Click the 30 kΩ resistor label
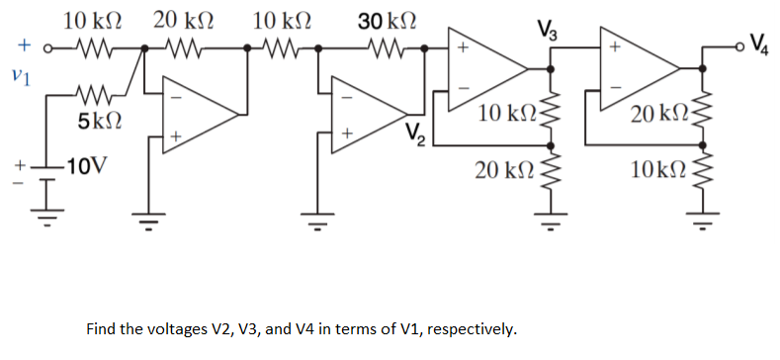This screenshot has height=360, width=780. click(x=387, y=19)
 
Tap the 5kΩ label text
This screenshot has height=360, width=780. click(x=101, y=124)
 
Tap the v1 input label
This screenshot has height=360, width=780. click(x=14, y=74)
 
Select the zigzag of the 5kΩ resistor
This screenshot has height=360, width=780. click(x=96, y=96)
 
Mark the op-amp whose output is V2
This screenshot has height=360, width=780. click(x=368, y=109)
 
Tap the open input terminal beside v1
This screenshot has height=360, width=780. click(x=44, y=46)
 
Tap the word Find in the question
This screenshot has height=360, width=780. click(x=104, y=327)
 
